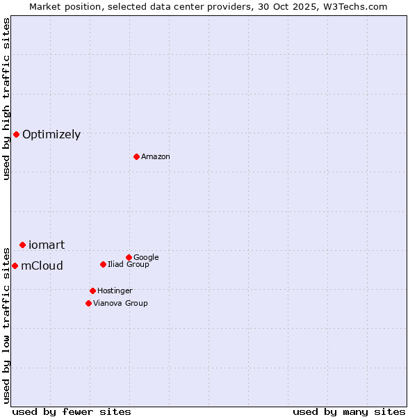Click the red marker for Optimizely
click(16, 134)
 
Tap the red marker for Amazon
click(136, 156)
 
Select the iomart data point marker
click(22, 245)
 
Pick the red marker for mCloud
click(15, 265)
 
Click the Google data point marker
click(129, 257)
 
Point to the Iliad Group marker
click(103, 264)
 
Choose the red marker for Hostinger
click(92, 291)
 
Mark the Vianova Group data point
click(88, 303)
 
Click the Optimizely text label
click(51, 135)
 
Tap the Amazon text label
click(156, 157)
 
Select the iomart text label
click(47, 245)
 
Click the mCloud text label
click(42, 265)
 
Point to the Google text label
click(146, 257)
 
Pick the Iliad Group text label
click(129, 264)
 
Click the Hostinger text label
click(115, 291)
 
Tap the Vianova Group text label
click(120, 303)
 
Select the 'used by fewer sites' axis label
click(72, 411)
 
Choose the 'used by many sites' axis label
click(349, 411)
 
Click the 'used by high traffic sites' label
click(6, 99)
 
